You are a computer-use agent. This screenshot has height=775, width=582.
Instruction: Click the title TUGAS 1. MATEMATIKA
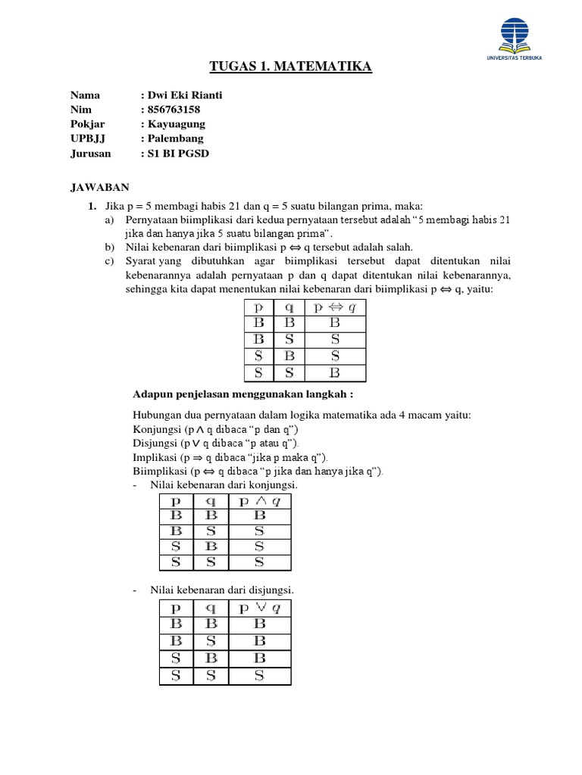[290, 68]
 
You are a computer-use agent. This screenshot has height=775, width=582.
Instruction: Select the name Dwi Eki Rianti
[185, 95]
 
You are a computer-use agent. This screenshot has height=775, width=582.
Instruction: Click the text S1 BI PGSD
[178, 153]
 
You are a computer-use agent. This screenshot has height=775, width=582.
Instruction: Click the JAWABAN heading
[100, 186]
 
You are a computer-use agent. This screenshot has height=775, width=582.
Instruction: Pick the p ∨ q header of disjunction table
[259, 608]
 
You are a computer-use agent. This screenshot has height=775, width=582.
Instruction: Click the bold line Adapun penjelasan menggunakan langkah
[243, 394]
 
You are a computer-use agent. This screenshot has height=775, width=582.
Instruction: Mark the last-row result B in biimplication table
[334, 372]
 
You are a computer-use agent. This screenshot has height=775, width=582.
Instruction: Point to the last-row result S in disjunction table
[259, 674]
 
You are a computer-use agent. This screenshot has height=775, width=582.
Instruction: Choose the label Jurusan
[91, 153]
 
